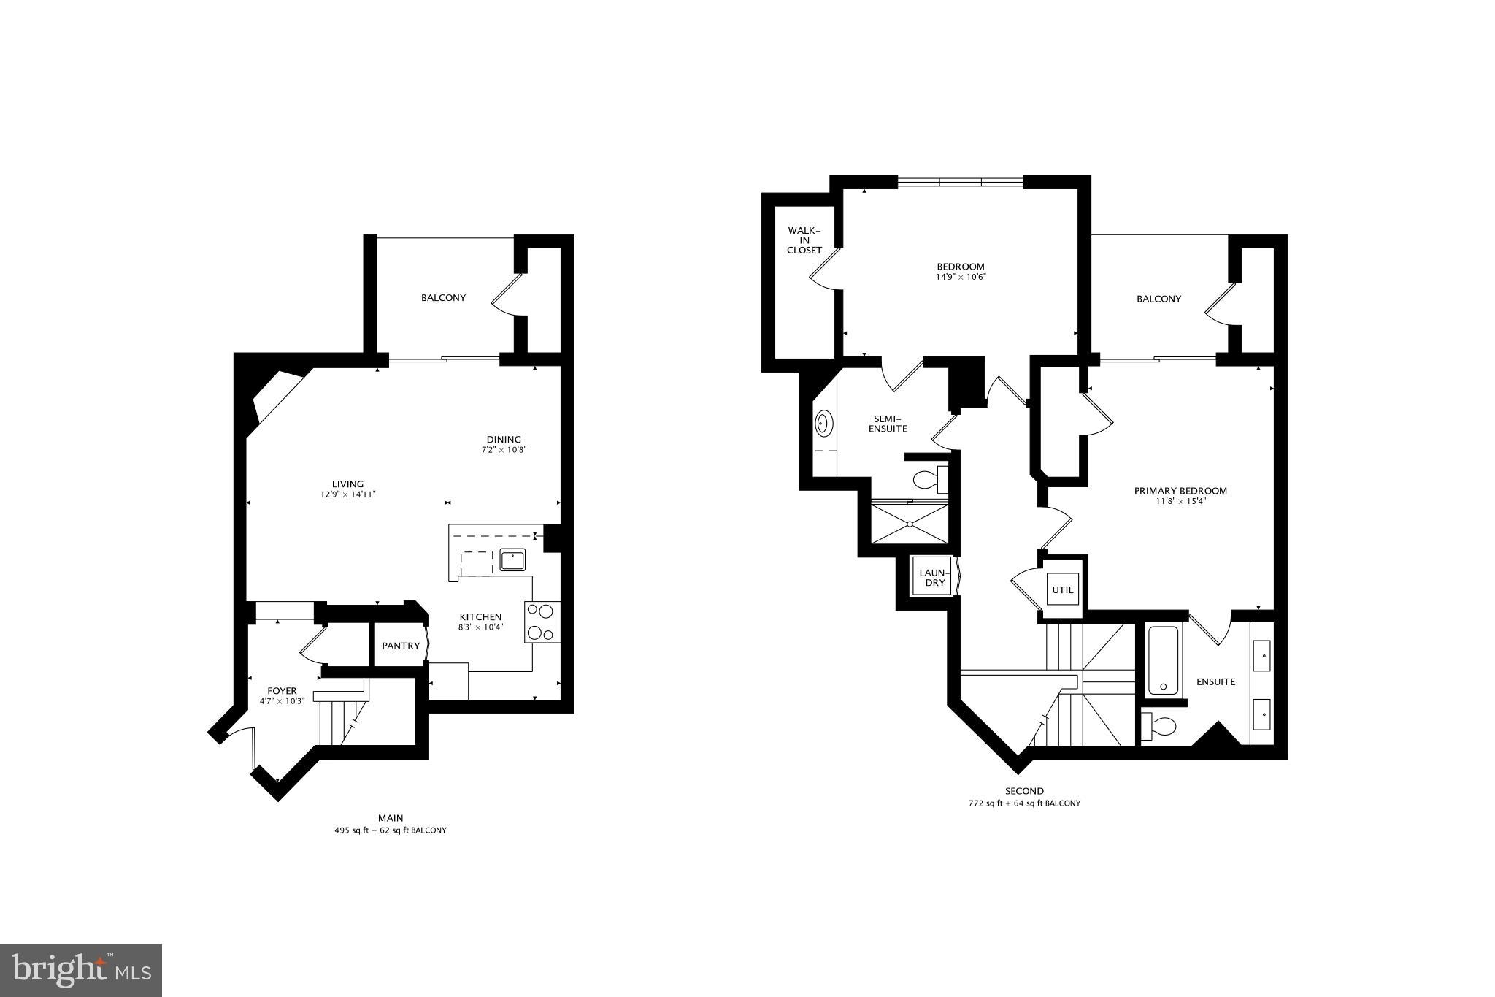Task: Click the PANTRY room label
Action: point(401,646)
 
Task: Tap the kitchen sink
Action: point(512,560)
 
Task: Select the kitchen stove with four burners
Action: point(542,622)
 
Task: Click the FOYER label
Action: point(282,690)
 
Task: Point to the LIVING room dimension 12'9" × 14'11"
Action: point(347,494)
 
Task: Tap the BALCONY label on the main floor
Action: point(443,298)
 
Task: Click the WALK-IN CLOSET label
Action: point(804,240)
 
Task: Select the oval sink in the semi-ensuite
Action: point(824,423)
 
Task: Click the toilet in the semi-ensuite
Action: point(928,480)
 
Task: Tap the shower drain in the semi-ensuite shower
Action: point(910,524)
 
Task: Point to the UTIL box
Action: point(1063,589)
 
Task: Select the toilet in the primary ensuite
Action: point(1160,726)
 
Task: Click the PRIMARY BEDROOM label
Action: point(1180,491)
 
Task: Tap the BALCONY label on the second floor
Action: point(1158,299)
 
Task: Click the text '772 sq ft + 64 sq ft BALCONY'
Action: point(1024,803)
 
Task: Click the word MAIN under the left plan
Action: point(391,818)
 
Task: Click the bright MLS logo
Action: point(81,971)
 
